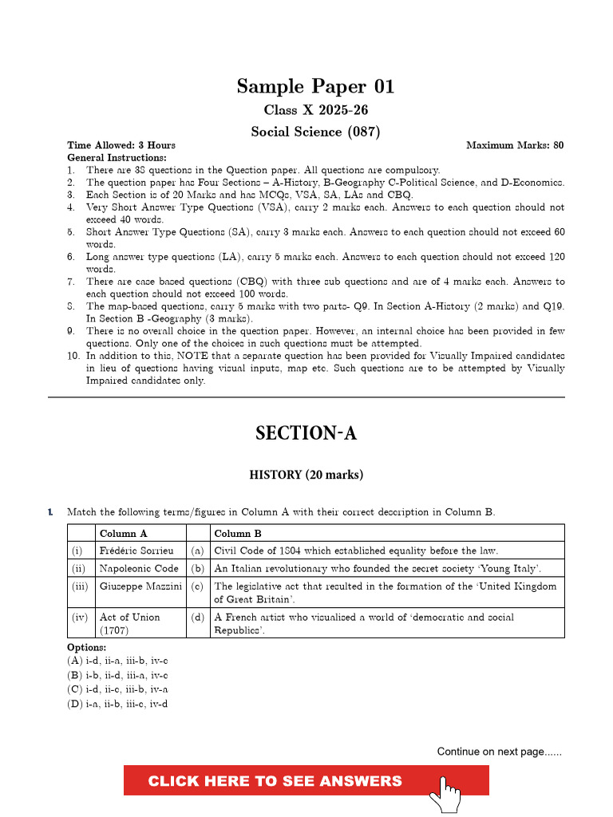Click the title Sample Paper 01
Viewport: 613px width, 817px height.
315,86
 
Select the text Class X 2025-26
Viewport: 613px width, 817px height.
315,110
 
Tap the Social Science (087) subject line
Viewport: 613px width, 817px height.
315,132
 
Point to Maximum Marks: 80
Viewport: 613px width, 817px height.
515,145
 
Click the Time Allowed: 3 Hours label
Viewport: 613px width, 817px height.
121,145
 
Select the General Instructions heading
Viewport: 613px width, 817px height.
117,158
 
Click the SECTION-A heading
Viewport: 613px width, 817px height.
306,433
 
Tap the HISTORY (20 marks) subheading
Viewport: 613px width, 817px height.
306,475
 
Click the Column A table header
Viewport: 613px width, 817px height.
123,534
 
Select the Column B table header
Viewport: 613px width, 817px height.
238,534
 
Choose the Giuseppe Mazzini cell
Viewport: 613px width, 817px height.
140,586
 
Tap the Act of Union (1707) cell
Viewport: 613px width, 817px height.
130,623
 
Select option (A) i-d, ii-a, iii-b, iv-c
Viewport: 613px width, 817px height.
117,661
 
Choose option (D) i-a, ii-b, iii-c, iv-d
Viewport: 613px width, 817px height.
117,704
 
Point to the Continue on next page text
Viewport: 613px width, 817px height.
499,752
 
